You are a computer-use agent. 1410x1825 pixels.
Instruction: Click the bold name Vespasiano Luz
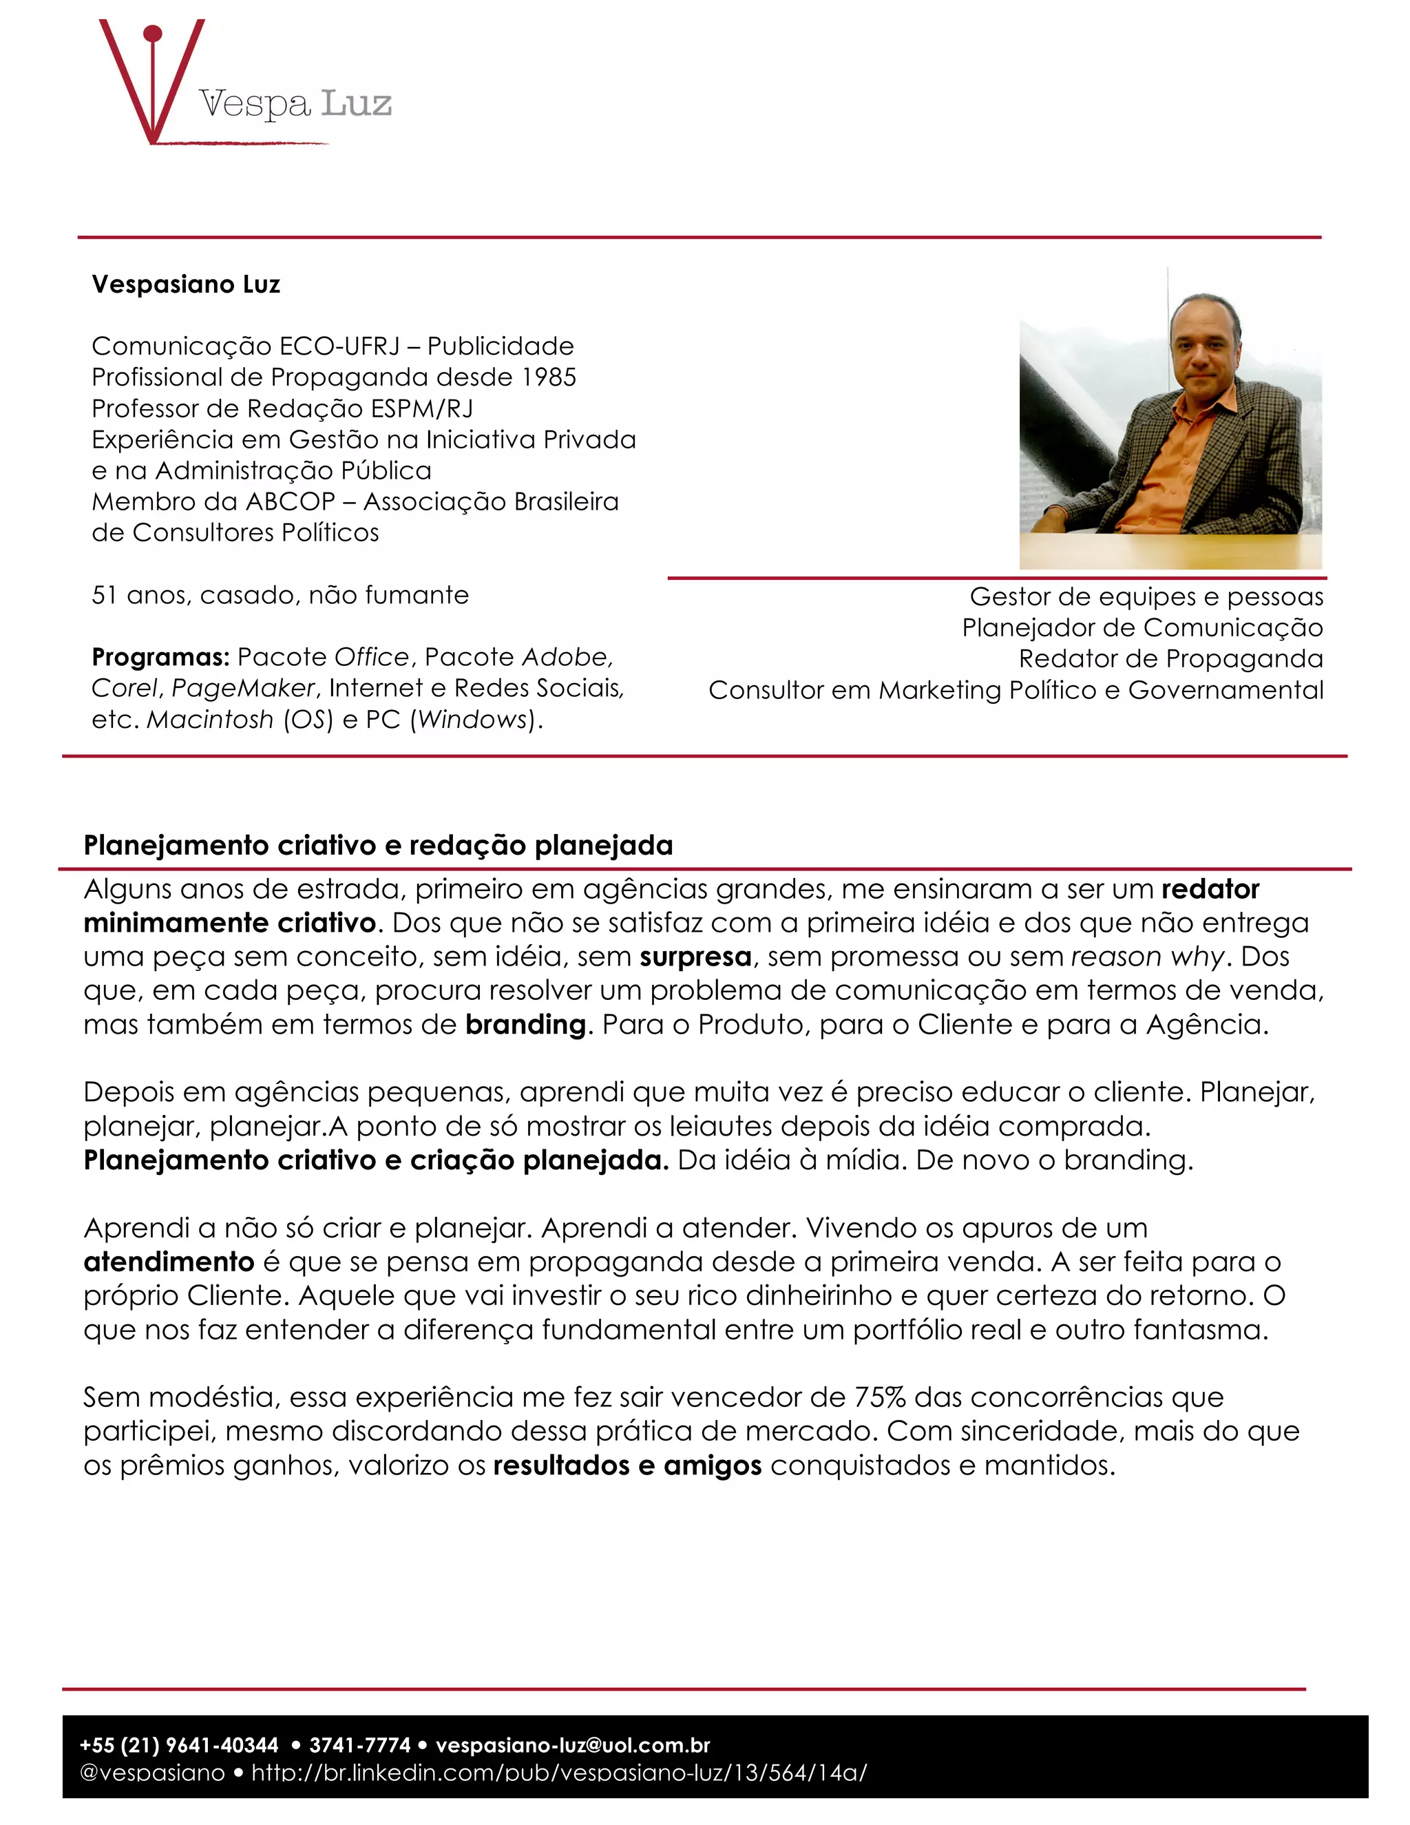(x=185, y=285)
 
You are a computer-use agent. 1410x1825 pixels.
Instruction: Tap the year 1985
(x=549, y=377)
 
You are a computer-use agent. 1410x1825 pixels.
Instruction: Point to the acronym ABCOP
(x=291, y=502)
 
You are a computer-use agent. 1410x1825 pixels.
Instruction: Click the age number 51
(x=105, y=596)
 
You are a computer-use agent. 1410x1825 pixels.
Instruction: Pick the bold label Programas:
(x=160, y=658)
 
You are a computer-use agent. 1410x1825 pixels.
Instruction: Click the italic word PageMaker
(x=243, y=689)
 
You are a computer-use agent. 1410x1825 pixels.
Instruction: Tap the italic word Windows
(x=474, y=720)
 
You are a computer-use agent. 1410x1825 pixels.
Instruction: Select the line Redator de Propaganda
(x=1170, y=659)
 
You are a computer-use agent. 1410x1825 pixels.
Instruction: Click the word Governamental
(x=1225, y=691)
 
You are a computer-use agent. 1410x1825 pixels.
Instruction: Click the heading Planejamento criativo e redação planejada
(x=377, y=846)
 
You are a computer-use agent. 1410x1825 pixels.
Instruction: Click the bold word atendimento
(x=169, y=1262)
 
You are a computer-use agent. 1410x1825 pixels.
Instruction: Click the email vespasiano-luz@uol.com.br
(x=573, y=1746)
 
